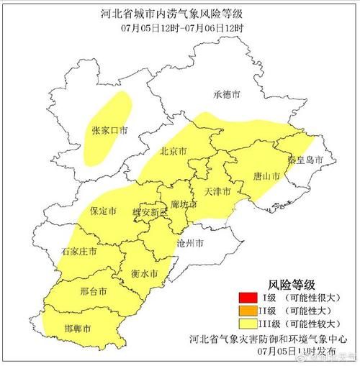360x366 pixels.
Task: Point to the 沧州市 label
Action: (194, 244)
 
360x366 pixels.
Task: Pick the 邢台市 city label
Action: (94, 292)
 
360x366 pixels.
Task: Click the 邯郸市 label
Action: (78, 328)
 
